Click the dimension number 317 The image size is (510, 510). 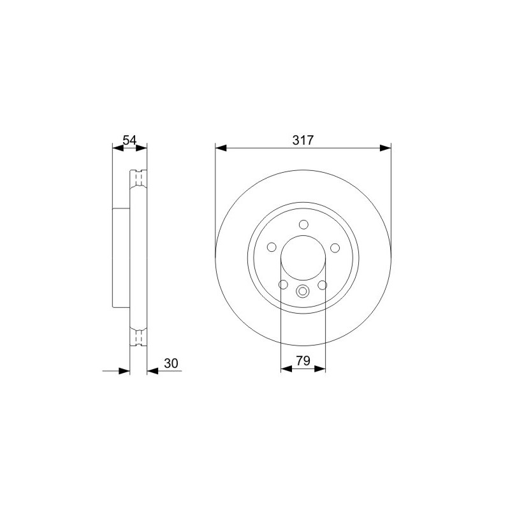point(303,140)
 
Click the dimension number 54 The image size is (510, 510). point(129,140)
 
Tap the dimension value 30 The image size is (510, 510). point(171,363)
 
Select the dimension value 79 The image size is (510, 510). point(303,361)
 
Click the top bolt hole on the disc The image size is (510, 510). point(303,225)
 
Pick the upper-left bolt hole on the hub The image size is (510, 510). point(272,247)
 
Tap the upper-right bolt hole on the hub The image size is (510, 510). point(335,248)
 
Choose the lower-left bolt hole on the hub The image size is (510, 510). point(283,284)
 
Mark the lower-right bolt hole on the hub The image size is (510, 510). point(323,285)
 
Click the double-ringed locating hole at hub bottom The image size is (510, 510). point(302,291)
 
